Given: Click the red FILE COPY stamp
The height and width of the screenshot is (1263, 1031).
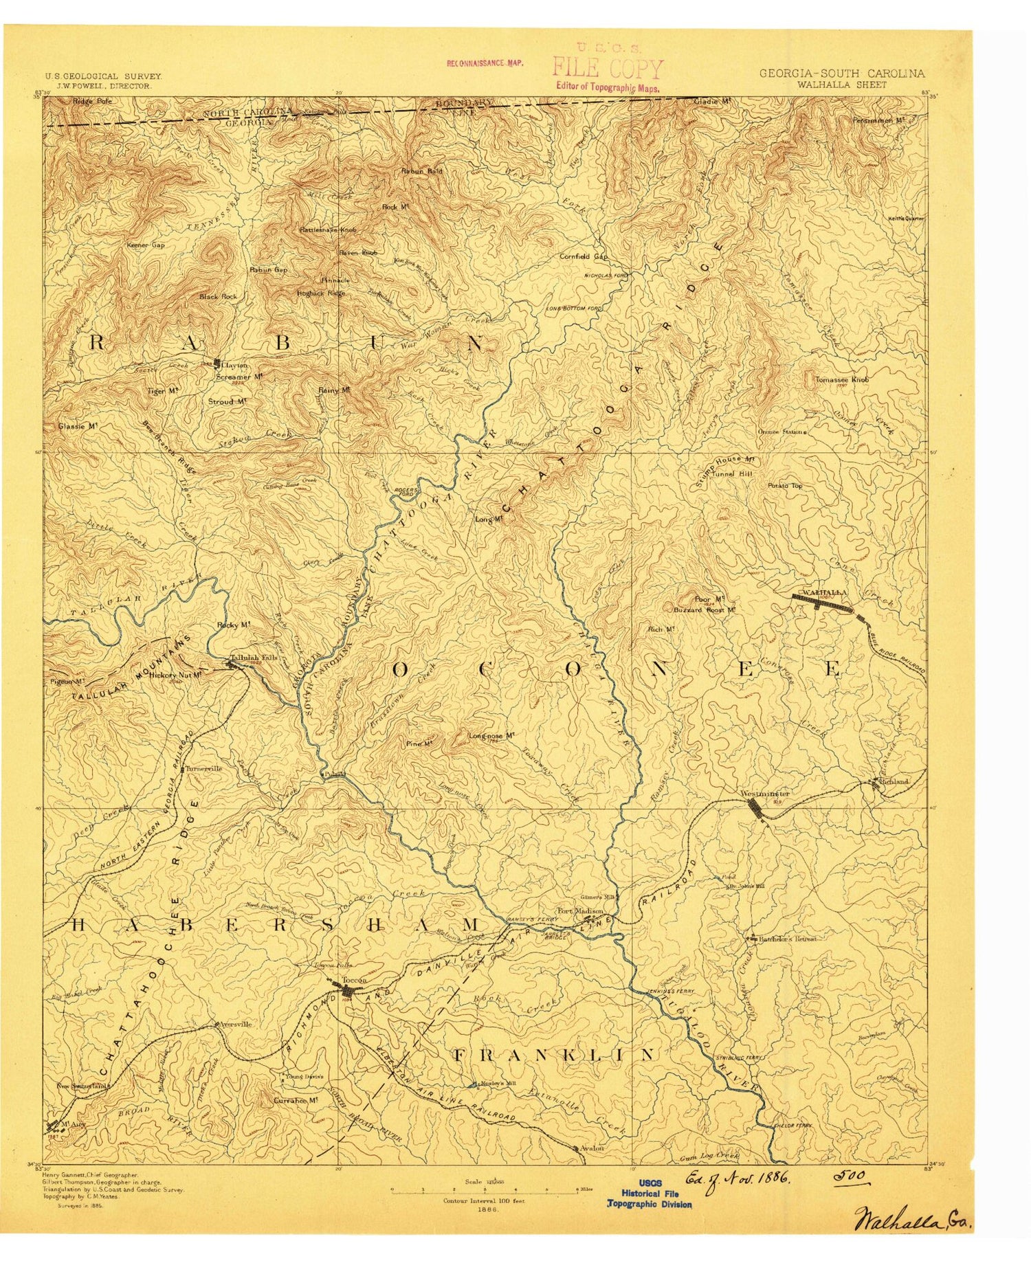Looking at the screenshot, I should [608, 69].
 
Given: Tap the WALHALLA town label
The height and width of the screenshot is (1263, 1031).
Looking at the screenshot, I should [824, 591].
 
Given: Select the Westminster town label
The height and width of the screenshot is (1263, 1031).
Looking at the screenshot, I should [765, 794].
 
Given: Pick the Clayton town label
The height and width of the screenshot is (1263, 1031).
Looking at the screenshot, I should [234, 365].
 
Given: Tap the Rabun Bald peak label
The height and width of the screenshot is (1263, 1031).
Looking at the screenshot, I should [421, 170].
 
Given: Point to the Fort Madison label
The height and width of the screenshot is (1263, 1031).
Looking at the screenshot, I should [579, 910].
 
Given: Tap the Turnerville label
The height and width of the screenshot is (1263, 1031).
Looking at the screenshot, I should [203, 768].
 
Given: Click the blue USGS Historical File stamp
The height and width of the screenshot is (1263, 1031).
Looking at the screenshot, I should [650, 1194].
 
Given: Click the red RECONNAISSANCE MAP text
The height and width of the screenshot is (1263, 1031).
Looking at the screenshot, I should [485, 63].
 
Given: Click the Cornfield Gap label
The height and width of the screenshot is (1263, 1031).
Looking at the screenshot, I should [584, 256].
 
